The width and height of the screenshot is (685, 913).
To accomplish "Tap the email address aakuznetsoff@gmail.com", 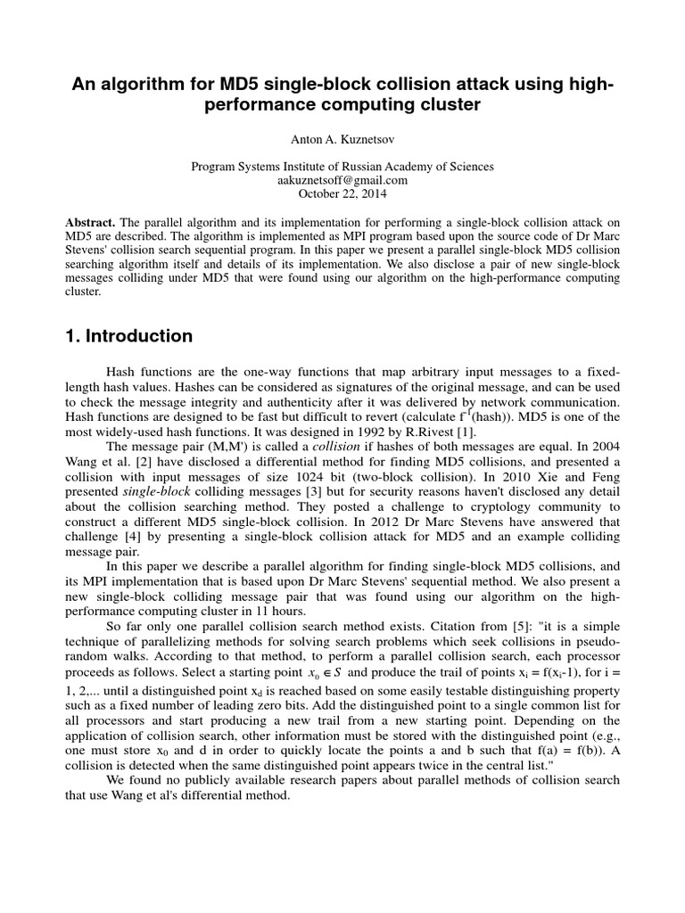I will tap(342, 180).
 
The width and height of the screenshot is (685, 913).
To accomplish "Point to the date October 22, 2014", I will tap(342, 193).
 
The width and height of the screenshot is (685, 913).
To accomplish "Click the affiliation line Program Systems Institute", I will tap(342, 167).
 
